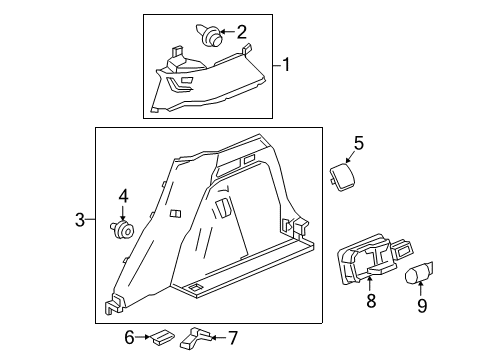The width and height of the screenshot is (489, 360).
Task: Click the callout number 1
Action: point(286,65)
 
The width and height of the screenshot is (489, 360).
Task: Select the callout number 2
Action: point(242,32)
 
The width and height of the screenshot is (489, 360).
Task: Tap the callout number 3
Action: point(80,220)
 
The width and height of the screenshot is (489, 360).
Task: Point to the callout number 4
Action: point(123,196)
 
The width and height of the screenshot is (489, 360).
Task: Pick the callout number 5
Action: point(359,143)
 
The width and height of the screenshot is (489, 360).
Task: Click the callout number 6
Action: point(129,337)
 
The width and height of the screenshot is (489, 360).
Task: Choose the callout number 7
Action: point(233,338)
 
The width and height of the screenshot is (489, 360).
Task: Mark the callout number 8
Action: point(371,300)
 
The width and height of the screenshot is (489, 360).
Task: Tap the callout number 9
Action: point(422,305)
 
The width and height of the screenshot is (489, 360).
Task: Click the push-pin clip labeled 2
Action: point(209,35)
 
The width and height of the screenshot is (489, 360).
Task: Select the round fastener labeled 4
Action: point(122,229)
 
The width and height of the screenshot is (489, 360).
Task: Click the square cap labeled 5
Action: point(342,176)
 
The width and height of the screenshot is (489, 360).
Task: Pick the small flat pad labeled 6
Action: point(162,337)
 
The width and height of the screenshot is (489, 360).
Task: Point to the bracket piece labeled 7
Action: point(195,338)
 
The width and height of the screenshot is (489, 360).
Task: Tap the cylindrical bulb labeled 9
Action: point(418,273)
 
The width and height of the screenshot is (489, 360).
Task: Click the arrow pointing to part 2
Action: point(228,32)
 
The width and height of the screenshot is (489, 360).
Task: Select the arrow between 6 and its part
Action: point(143,337)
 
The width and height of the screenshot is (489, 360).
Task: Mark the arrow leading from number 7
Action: point(219,338)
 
